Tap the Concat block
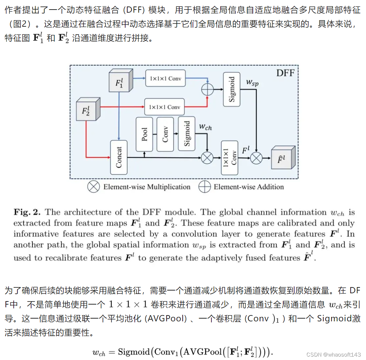[x=119, y=157]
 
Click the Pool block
[x=144, y=134]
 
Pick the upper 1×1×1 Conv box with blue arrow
[x=165, y=79]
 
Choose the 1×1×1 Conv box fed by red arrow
[x=164, y=107]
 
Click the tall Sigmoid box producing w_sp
[x=232, y=89]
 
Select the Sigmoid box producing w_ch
[x=187, y=133]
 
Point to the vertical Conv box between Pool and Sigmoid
[x=165, y=134]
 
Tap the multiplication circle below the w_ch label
[x=207, y=158]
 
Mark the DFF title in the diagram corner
[x=285, y=73]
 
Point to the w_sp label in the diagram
[x=253, y=82]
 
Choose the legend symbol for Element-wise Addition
[x=205, y=187]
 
